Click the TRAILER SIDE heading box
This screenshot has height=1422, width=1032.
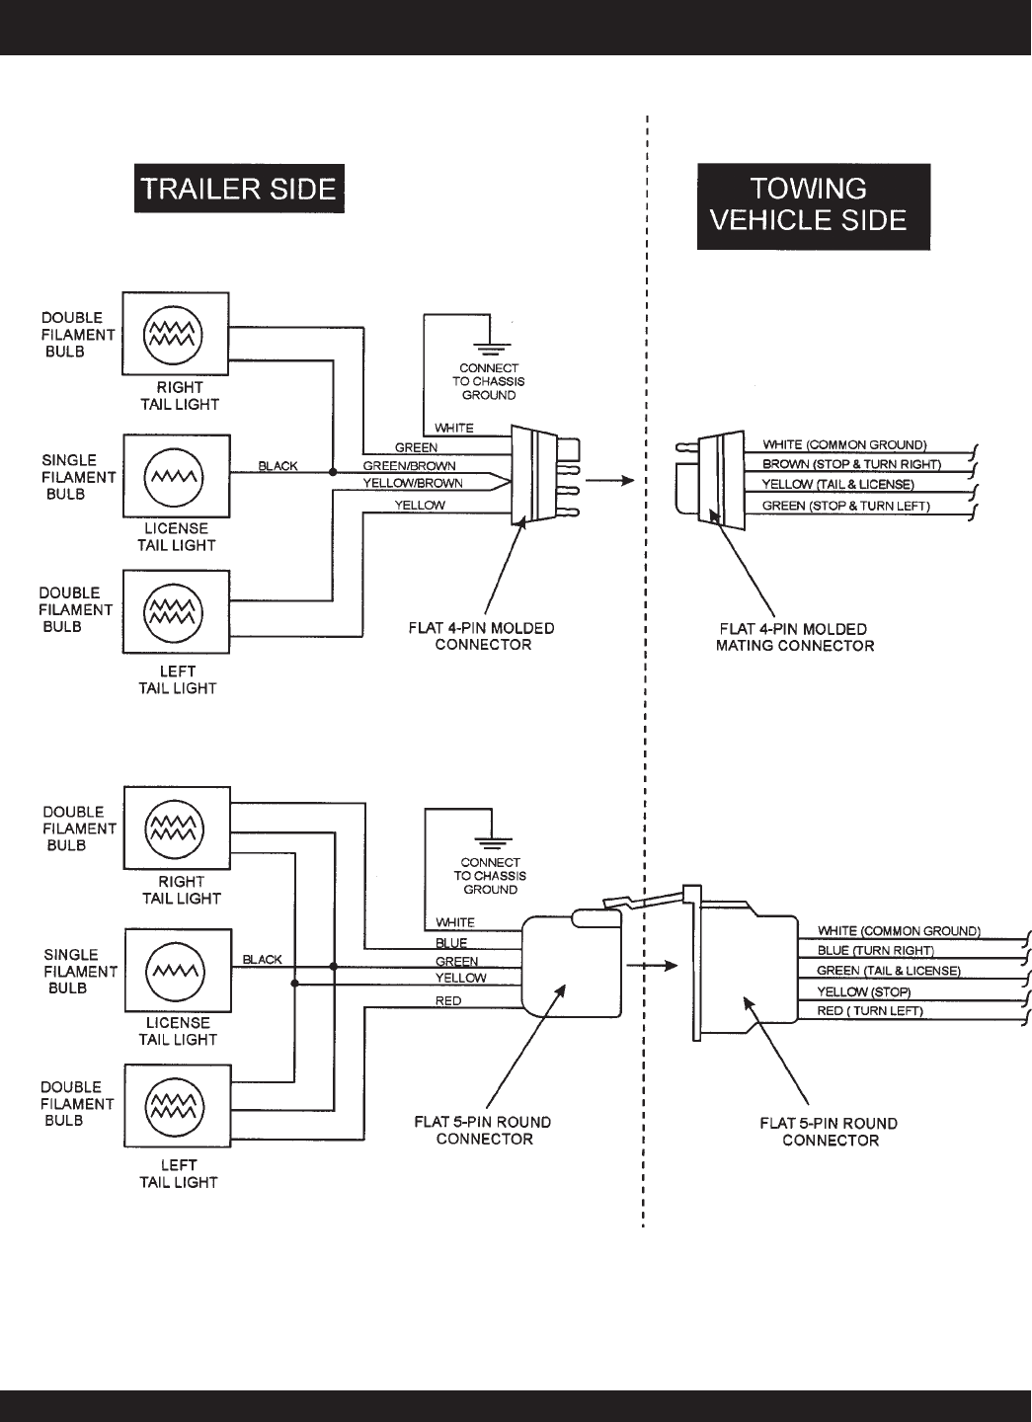(x=239, y=190)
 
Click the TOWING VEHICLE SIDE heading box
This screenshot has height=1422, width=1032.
(x=814, y=205)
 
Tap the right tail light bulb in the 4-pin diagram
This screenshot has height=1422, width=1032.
(x=175, y=334)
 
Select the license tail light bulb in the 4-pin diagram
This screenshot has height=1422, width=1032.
(x=175, y=476)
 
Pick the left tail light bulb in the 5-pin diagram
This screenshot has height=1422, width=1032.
(x=176, y=1105)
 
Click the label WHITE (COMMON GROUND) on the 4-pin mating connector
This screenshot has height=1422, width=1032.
(x=845, y=445)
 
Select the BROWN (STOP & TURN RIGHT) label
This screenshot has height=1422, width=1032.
(x=851, y=464)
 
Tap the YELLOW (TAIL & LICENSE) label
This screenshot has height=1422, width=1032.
(x=838, y=485)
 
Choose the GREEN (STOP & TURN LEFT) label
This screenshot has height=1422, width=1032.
(x=846, y=507)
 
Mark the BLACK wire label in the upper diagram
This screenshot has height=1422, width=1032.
(x=278, y=466)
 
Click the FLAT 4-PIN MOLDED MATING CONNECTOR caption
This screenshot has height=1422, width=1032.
(x=794, y=637)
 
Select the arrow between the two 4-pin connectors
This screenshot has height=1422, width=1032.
(x=608, y=481)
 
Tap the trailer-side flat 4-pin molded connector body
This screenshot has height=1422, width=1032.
(x=533, y=474)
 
